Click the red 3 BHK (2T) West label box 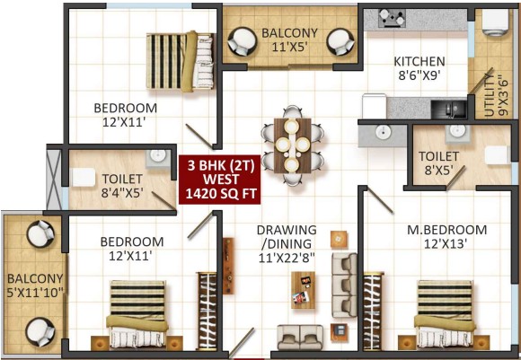(x=220, y=180)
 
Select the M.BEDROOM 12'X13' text (x=447, y=237)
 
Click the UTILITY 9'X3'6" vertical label (x=495, y=95)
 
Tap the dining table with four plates (x=293, y=145)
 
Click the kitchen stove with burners (x=392, y=18)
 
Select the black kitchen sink (x=448, y=109)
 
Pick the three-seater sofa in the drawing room (x=344, y=285)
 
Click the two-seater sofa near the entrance (x=300, y=337)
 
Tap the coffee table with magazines (x=303, y=290)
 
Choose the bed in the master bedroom (x=445, y=314)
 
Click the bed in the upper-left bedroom (x=180, y=61)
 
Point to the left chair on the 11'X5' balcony (x=243, y=41)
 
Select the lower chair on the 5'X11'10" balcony (x=40, y=332)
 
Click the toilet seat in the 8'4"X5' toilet (x=84, y=177)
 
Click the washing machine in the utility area (x=496, y=22)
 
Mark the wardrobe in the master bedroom (x=372, y=312)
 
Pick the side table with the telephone (x=339, y=332)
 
